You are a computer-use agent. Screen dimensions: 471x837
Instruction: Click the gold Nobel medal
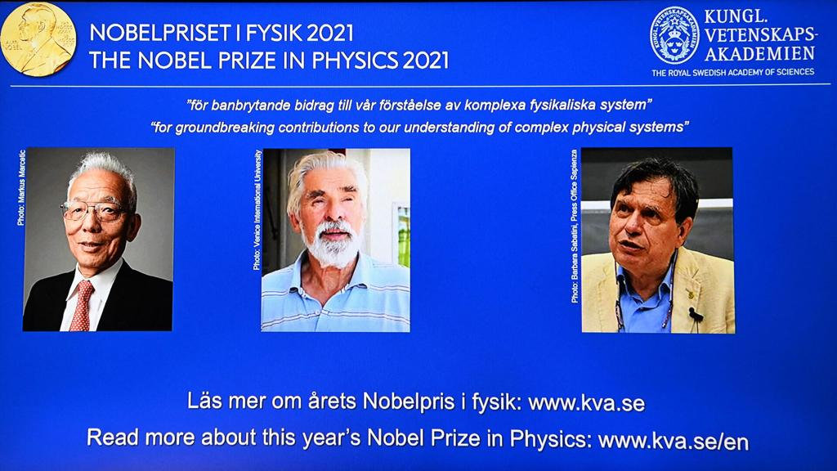click(38, 38)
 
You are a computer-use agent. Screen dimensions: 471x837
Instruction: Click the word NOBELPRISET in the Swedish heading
click(156, 34)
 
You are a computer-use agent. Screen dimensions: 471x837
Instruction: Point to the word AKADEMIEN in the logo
click(760, 53)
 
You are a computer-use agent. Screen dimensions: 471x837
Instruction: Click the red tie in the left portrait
click(82, 305)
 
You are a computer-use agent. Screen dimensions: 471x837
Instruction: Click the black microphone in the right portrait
click(695, 314)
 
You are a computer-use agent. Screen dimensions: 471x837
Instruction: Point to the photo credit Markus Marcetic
click(20, 187)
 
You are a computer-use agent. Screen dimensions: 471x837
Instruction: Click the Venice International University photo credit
click(257, 210)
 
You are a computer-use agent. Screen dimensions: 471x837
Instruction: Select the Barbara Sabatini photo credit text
click(575, 226)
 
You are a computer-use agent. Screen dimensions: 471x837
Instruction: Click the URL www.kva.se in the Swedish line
click(586, 402)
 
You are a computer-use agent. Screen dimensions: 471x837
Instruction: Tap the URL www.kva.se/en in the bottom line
click(673, 440)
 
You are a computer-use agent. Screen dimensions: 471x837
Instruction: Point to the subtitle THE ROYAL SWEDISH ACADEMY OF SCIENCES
click(732, 72)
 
